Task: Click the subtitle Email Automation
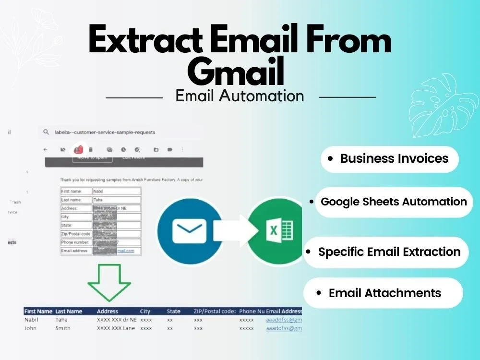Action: pyautogui.click(x=240, y=96)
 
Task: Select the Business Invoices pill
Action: pyautogui.click(x=389, y=159)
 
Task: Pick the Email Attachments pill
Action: pyautogui.click(x=383, y=293)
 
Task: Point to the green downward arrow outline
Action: pyautogui.click(x=109, y=283)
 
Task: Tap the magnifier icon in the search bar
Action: pyautogui.click(x=46, y=132)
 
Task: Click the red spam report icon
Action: pyautogui.click(x=78, y=149)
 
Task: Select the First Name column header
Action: pyautogui.click(x=38, y=312)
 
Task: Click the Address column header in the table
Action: pyautogui.click(x=107, y=312)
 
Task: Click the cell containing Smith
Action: pyautogui.click(x=63, y=328)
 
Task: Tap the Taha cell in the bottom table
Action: pyautogui.click(x=61, y=320)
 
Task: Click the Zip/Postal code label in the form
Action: pyautogui.click(x=76, y=234)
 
